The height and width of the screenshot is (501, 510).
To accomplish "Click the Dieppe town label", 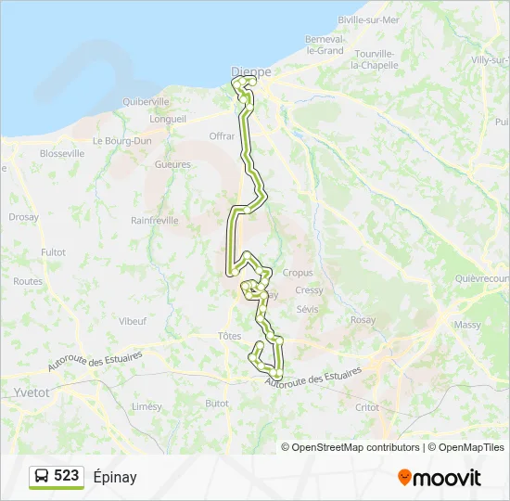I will [x=251, y=71].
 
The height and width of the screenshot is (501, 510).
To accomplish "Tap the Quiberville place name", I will [x=146, y=102].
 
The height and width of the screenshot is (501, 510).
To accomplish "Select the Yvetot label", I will [x=32, y=392].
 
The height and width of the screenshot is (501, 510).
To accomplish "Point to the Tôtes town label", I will [x=229, y=336].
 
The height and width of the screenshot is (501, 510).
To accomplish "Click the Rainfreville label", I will [x=155, y=221].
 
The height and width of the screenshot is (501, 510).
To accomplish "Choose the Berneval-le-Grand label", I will [x=325, y=45].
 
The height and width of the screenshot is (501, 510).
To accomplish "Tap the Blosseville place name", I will [x=37, y=153].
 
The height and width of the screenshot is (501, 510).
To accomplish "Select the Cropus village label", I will [x=298, y=273].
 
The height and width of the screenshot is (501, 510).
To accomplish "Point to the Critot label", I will [x=367, y=407].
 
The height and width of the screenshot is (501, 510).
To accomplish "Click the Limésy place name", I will [x=147, y=406].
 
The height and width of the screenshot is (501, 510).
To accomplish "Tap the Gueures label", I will [x=173, y=164].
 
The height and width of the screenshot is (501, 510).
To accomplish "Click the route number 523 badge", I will [x=66, y=476].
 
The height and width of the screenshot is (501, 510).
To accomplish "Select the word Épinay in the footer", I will [x=115, y=477].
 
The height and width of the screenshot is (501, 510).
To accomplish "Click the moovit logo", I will [x=440, y=478].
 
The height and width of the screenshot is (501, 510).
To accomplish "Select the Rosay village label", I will [x=363, y=320].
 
